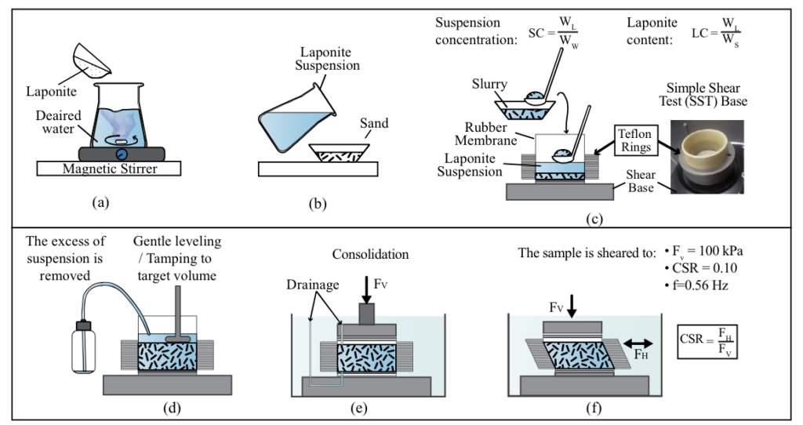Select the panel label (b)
(318, 205)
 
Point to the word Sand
(374, 123)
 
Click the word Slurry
(489, 83)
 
